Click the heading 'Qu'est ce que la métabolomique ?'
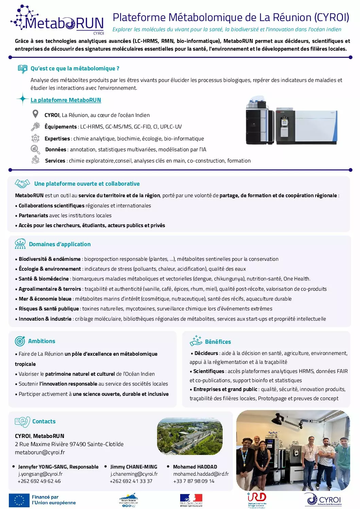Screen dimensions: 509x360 (75, 68)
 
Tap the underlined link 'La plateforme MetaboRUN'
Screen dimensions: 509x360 (66, 100)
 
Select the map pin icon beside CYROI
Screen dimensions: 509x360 (35, 114)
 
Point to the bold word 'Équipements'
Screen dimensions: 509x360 (61, 127)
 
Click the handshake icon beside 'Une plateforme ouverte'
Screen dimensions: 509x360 (22, 184)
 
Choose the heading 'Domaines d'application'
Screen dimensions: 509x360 (60, 244)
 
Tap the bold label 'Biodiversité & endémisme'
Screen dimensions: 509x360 (50, 259)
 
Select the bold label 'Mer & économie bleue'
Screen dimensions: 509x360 (45, 299)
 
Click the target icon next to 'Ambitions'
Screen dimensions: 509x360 (20, 341)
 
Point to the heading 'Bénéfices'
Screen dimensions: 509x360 (218, 342)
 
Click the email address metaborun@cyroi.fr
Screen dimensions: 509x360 (40, 452)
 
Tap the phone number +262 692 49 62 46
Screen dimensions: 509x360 (39, 481)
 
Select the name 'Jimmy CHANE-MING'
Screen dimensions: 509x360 (134, 467)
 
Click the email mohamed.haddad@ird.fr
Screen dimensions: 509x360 (201, 474)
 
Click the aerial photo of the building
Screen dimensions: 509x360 (190, 437)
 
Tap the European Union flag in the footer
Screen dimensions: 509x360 (19, 500)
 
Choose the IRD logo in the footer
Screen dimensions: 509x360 (257, 500)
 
